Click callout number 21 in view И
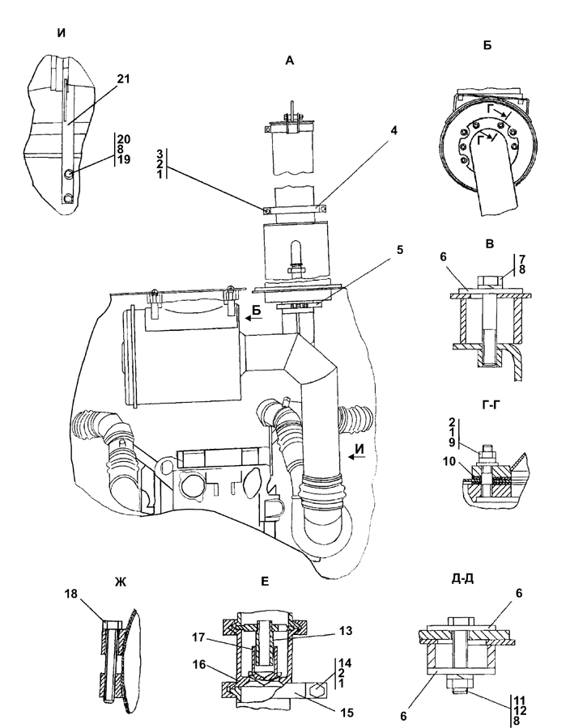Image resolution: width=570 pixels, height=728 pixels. click(123, 79)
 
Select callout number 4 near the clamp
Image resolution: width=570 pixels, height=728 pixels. click(393, 130)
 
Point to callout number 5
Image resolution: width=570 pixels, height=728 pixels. click(399, 250)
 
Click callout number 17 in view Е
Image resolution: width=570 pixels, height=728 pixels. click(199, 637)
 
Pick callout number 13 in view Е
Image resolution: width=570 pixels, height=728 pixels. click(346, 631)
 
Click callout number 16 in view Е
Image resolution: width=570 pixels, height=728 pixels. click(199, 664)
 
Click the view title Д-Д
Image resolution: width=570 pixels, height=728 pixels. click(462, 578)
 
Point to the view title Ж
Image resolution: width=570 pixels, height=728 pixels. click(121, 582)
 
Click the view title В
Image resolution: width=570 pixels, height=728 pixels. click(489, 243)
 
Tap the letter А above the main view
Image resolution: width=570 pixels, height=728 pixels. click(289, 61)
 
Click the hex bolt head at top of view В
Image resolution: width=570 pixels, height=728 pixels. click(487, 281)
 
